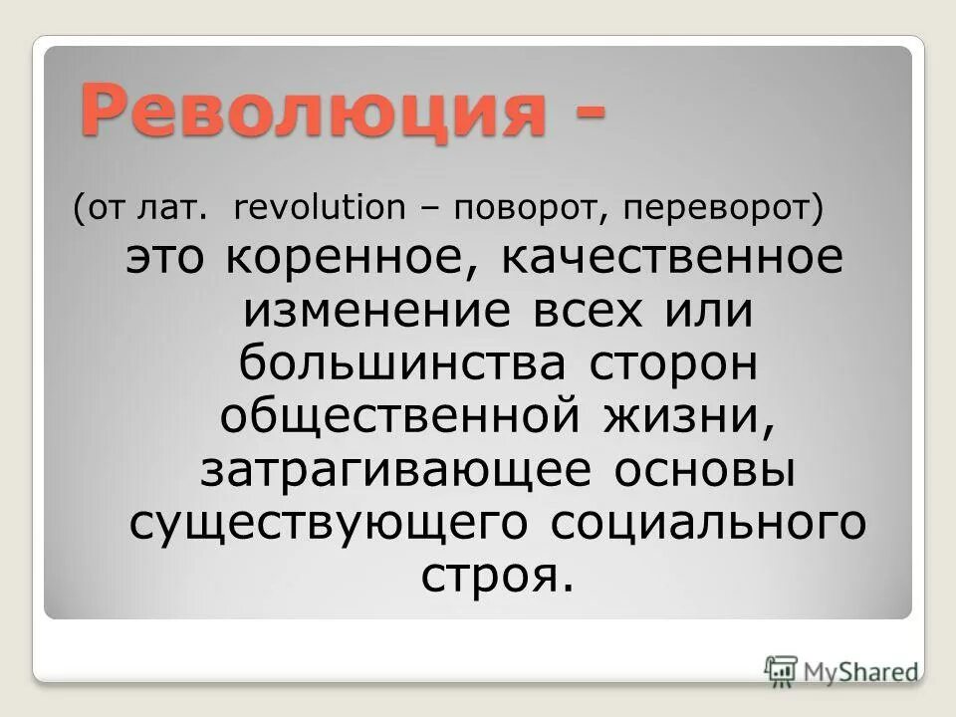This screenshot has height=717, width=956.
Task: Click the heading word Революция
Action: click(x=313, y=113)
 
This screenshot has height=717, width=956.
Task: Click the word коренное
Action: click(x=342, y=261)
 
